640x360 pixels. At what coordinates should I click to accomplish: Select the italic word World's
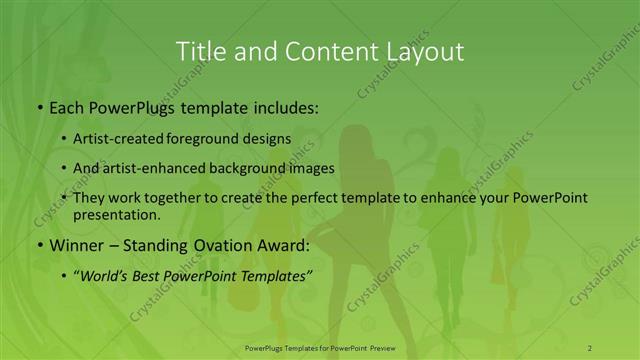106,275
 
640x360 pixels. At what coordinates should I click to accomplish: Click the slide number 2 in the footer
590,347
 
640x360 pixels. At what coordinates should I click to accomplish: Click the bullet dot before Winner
39,246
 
